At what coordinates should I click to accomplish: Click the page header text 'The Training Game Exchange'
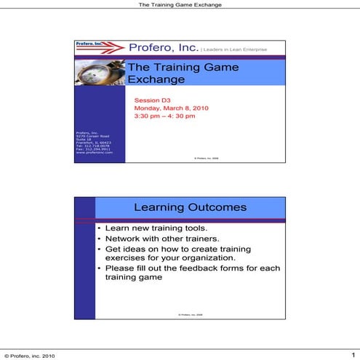pyautogui.click(x=180, y=4)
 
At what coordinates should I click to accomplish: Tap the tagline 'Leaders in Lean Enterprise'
pyautogui.click(x=234, y=49)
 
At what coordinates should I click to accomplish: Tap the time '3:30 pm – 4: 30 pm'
pyautogui.click(x=165, y=116)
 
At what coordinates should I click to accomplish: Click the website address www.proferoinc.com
pyautogui.click(x=94, y=153)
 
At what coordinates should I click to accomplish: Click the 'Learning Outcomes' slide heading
pyautogui.click(x=190, y=207)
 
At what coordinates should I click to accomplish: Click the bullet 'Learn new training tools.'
pyautogui.click(x=147, y=228)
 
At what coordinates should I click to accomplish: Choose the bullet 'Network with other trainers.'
pyautogui.click(x=152, y=238)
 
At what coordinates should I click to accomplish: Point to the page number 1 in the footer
pyautogui.click(x=353, y=354)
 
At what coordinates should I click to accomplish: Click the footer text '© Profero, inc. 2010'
pyautogui.click(x=30, y=355)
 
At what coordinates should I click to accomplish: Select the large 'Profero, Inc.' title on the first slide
pyautogui.click(x=163, y=48)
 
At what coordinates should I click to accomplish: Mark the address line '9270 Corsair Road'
pyautogui.click(x=92, y=135)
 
